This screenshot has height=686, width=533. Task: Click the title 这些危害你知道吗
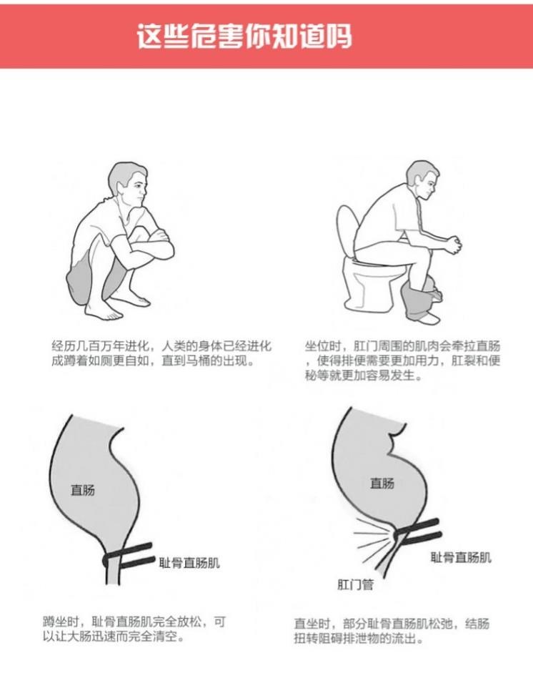click(244, 36)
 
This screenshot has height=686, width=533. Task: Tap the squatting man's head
click(128, 184)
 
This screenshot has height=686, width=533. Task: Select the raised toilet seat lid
click(347, 232)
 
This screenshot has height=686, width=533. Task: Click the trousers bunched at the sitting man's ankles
click(422, 299)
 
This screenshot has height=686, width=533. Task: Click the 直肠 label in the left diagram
click(83, 489)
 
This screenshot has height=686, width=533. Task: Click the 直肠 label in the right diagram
click(382, 483)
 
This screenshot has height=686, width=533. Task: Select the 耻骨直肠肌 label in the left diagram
click(189, 563)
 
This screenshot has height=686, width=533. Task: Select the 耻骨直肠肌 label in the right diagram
click(461, 557)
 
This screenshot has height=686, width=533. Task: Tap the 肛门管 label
click(356, 584)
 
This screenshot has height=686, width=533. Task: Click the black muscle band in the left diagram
click(129, 556)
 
